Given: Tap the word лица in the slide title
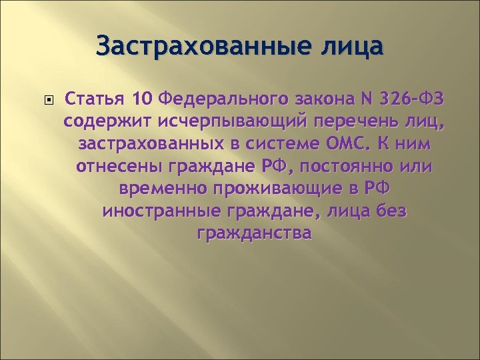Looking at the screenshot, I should [x=353, y=47].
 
